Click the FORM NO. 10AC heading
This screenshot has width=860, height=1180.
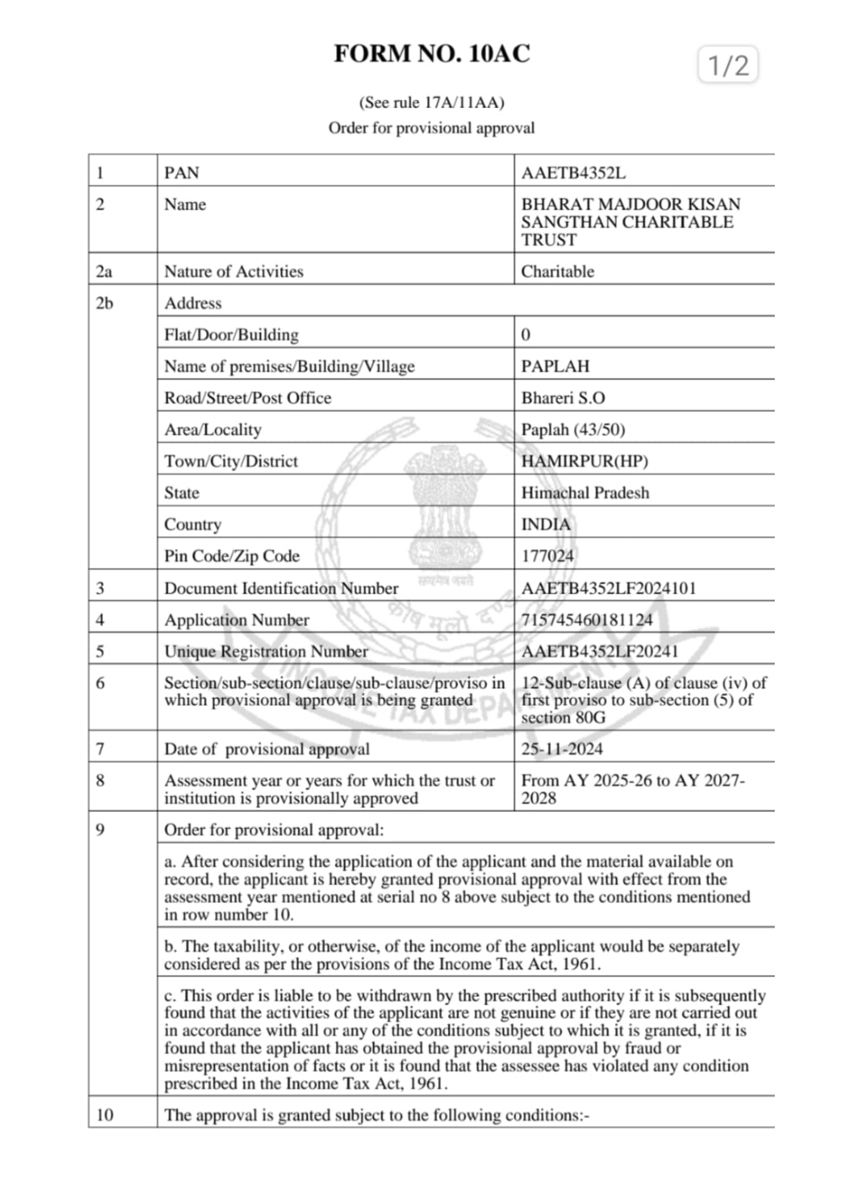pyautogui.click(x=431, y=54)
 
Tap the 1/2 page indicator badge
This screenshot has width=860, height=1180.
pyautogui.click(x=727, y=65)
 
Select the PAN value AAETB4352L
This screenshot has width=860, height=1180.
pyautogui.click(x=573, y=173)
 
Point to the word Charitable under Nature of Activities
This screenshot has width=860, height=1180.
pyautogui.click(x=557, y=272)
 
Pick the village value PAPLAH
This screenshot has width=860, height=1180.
pyautogui.click(x=554, y=366)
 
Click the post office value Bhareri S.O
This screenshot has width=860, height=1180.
pyautogui.click(x=562, y=398)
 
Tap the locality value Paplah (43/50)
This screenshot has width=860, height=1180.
pyautogui.click(x=572, y=430)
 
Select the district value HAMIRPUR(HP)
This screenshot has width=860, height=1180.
pyautogui.click(x=584, y=461)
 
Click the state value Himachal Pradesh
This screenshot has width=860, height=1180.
pyautogui.click(x=585, y=493)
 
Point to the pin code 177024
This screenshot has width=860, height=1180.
pyautogui.click(x=547, y=556)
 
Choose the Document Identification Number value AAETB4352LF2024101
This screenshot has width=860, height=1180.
pyautogui.click(x=608, y=588)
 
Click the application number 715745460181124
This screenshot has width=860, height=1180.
pyautogui.click(x=587, y=620)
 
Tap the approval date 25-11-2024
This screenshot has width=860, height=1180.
pyautogui.click(x=561, y=749)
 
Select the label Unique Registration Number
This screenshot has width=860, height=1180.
pyautogui.click(x=266, y=652)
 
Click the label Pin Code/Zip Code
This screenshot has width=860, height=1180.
pyautogui.click(x=231, y=556)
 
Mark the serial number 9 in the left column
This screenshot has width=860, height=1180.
pyautogui.click(x=100, y=830)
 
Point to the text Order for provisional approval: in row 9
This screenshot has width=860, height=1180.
pyautogui.click(x=273, y=830)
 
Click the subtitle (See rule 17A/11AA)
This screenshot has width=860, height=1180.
pyautogui.click(x=431, y=103)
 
